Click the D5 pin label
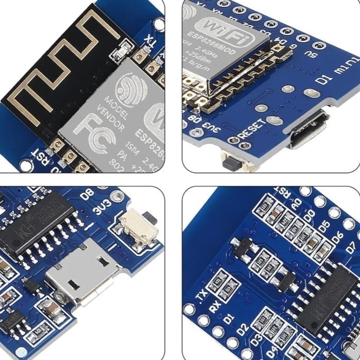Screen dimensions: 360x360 [x=323, y=225]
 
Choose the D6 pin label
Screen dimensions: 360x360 [x=337, y=237]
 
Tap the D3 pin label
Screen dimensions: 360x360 [x=256, y=340]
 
